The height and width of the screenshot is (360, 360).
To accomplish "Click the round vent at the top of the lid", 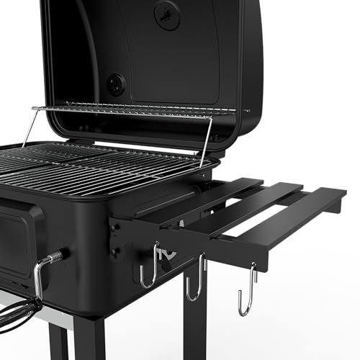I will coord(167,14).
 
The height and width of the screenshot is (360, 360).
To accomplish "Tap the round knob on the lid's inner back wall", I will coord(115,84).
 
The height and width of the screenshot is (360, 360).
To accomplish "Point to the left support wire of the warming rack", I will coord(30,127).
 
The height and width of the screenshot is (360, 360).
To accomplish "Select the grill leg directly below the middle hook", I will coord(195,324).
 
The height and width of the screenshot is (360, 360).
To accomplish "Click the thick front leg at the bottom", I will coord(90,338).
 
